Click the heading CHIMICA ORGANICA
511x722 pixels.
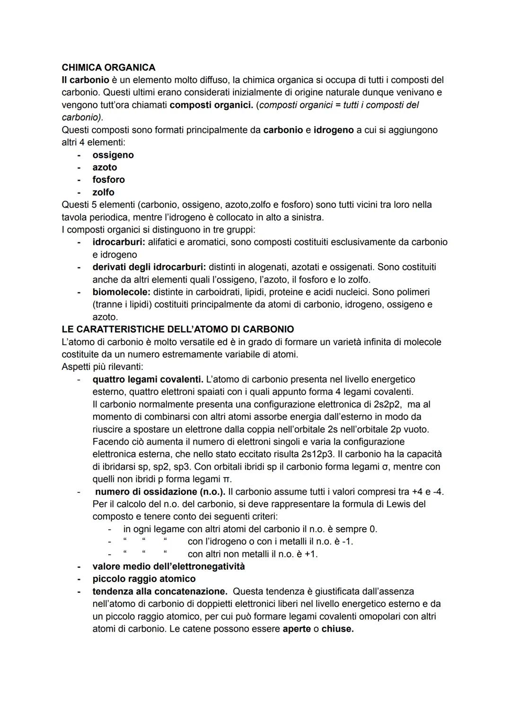[108, 68]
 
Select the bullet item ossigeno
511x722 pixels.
[113, 155]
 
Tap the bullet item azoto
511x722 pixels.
[105, 167]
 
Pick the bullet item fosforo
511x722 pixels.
[108, 179]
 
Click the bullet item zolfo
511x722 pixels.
[103, 192]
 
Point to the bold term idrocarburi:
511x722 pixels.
[119, 242]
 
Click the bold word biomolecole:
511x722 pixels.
[121, 292]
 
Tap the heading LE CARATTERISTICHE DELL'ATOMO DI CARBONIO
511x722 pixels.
[177, 329]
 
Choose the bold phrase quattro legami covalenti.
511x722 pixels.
[148, 379]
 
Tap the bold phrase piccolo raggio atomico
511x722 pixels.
[144, 579]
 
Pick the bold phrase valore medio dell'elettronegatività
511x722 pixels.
[168, 566]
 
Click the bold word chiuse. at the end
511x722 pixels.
[337, 629]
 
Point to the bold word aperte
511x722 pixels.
[296, 629]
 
